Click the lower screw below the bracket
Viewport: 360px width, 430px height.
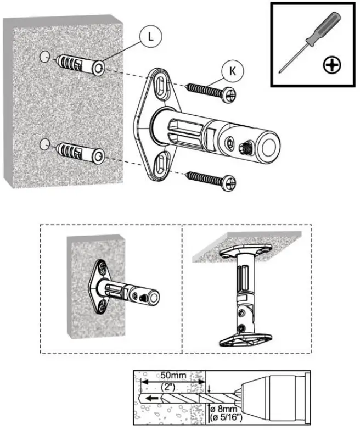pyautogui.click(x=211, y=178)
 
